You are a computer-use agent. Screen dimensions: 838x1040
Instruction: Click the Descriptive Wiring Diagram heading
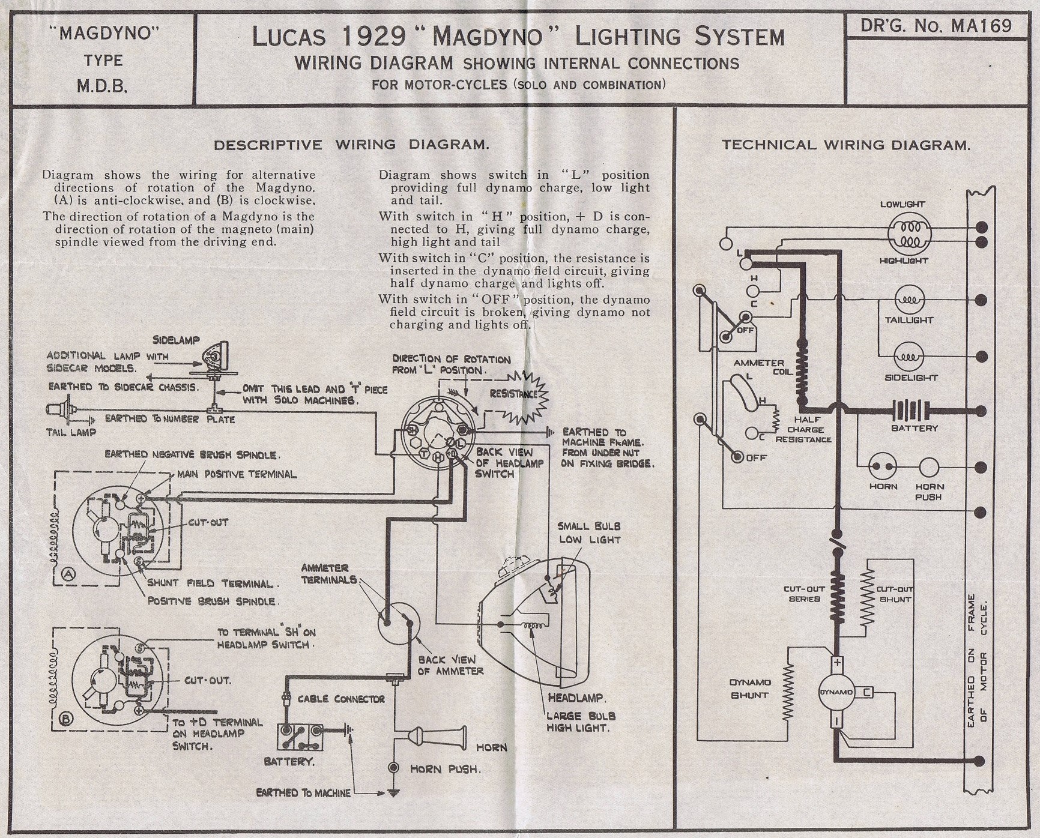pos(351,145)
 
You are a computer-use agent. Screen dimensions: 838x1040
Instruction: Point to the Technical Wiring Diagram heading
pos(845,145)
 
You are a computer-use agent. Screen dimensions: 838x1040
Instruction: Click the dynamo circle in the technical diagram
pos(836,692)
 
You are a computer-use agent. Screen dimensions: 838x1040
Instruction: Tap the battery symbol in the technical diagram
pos(913,411)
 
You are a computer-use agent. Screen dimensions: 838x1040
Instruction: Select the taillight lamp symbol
pos(910,300)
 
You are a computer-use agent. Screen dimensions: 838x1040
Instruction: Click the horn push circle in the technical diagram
pos(928,466)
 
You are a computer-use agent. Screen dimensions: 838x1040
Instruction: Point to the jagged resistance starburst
pos(520,395)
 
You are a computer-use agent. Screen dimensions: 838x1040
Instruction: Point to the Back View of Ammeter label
pos(450,665)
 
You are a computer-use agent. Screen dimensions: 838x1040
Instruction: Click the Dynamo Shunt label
pos(750,689)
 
